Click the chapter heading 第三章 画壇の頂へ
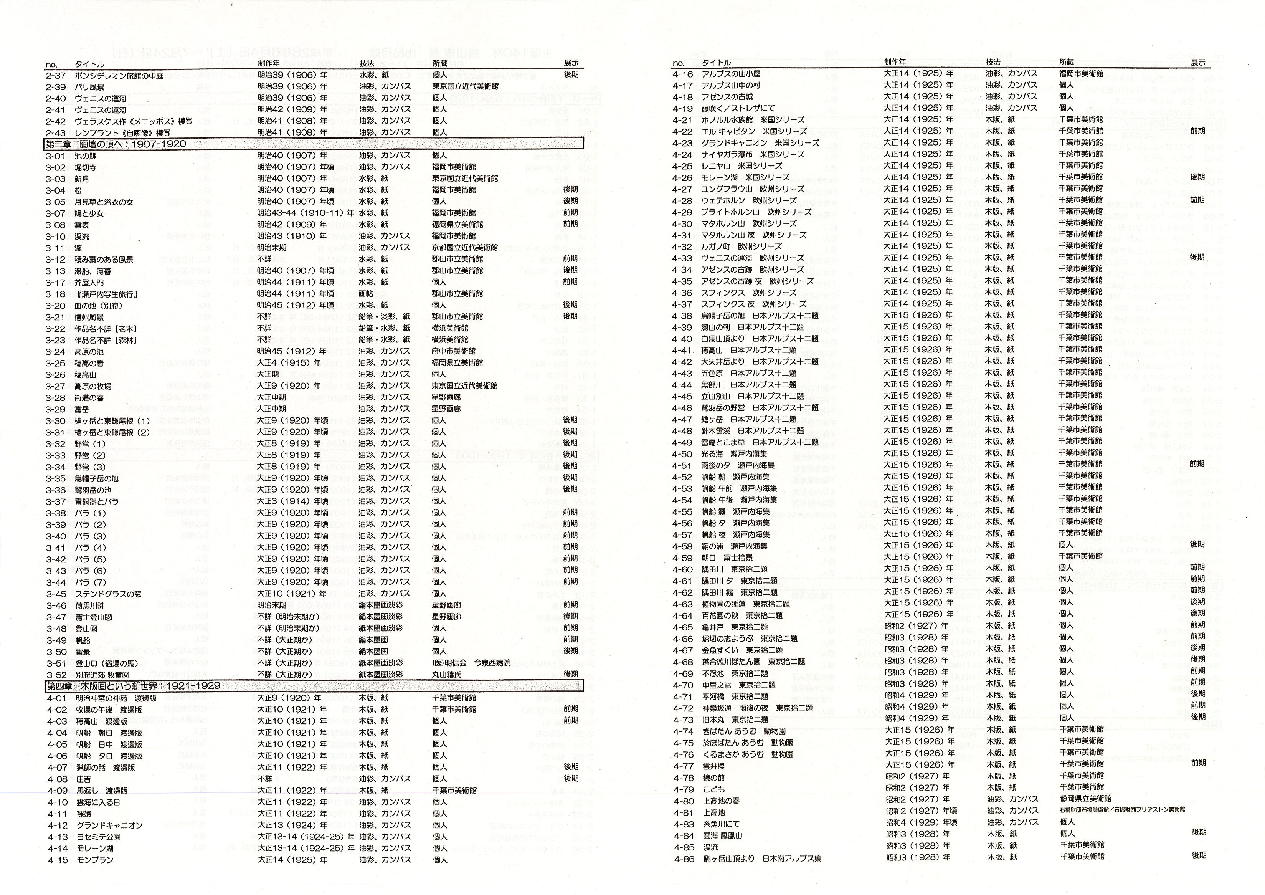[116, 144]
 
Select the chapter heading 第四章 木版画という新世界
[133, 686]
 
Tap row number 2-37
[56, 75]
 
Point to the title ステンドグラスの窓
[109, 594]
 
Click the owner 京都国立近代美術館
[464, 247]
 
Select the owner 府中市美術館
[453, 351]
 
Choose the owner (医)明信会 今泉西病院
[471, 663]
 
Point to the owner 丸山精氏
[446, 675]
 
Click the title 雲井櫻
[713, 766]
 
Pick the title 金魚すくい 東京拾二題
[742, 650]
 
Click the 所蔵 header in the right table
[1066, 62]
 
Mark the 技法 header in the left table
[367, 63]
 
